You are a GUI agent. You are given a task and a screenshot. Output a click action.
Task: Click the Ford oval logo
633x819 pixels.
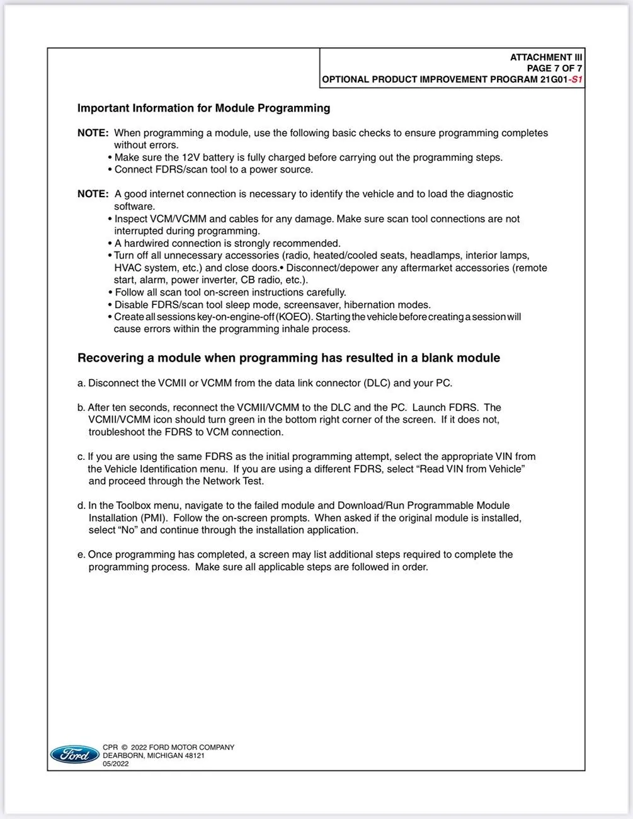coord(74,754)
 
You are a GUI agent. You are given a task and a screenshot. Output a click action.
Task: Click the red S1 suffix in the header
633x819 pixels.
coord(576,80)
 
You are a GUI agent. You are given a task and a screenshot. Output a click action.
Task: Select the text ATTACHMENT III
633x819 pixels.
coord(546,57)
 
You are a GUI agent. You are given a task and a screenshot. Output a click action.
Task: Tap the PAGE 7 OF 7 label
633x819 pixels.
coord(554,68)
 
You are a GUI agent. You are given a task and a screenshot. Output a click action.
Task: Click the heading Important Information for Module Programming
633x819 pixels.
coord(203,108)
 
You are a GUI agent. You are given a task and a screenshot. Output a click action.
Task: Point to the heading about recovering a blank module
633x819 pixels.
coord(288,358)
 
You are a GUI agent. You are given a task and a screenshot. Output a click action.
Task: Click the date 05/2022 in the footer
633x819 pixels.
coord(116,764)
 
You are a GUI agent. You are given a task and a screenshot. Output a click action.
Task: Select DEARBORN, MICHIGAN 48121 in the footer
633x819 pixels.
coord(154,755)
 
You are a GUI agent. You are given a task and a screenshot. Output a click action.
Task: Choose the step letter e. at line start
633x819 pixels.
coord(81,554)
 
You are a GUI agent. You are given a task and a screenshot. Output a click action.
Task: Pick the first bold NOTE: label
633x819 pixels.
coord(93,133)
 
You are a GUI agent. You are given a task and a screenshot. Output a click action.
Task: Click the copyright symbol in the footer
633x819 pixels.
coord(124,747)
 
